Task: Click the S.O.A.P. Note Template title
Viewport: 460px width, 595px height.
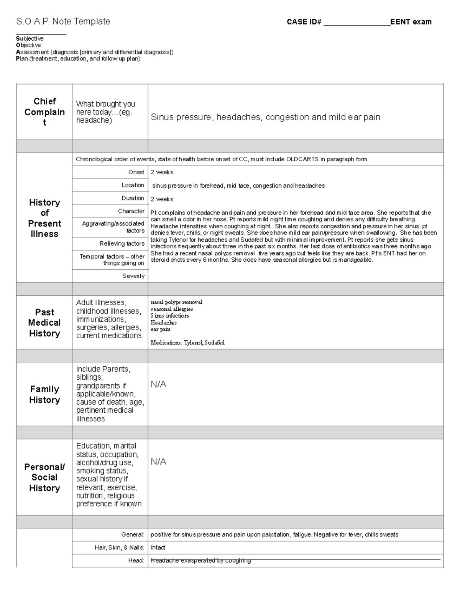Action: tap(63, 21)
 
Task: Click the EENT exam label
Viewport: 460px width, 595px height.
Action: tap(411, 22)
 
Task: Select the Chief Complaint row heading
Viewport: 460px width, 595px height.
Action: tap(44, 112)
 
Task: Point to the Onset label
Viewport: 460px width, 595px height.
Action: tap(136, 172)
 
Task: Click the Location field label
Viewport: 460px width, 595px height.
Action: tap(133, 185)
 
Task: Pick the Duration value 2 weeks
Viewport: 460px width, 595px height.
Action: tap(162, 199)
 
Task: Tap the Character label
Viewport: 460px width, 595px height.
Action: tap(131, 211)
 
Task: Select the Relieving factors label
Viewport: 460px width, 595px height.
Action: tap(122, 244)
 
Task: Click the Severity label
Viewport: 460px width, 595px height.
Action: tap(133, 276)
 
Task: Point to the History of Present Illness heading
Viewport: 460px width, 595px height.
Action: tap(44, 218)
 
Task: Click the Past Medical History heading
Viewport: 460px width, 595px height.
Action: tap(44, 323)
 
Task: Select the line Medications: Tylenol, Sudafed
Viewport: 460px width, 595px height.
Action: tap(187, 343)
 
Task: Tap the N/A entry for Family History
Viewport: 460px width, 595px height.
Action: tap(158, 384)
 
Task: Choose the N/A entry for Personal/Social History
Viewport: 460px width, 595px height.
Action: tap(158, 462)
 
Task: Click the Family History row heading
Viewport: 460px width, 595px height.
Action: tap(44, 394)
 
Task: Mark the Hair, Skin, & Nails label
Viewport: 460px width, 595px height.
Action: tap(119, 547)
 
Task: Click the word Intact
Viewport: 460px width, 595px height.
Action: tap(158, 547)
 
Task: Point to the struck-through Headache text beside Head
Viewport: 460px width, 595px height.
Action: tap(200, 561)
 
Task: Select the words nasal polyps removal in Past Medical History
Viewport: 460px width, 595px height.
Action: tap(176, 302)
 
